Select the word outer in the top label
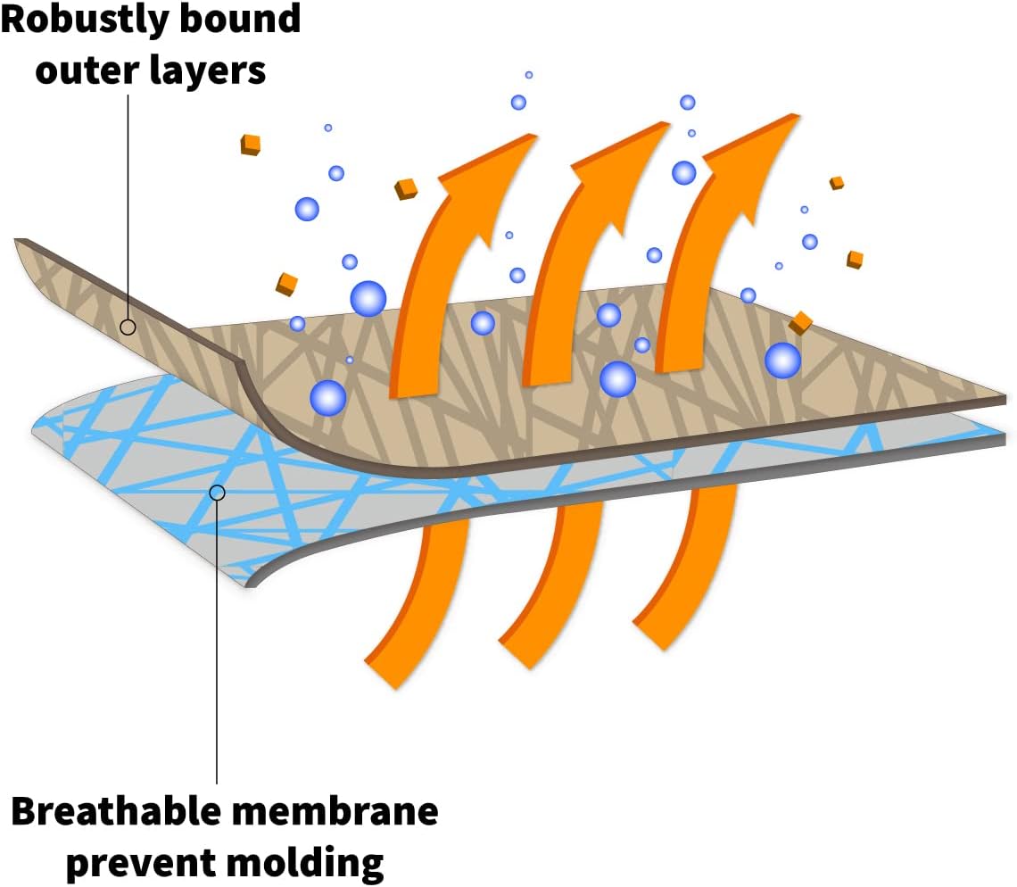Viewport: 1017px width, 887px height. [89, 69]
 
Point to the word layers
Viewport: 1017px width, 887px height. [210, 70]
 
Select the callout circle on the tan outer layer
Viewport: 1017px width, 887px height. [128, 327]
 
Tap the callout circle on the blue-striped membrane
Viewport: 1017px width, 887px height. [217, 492]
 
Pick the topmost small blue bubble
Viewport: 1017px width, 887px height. [529, 75]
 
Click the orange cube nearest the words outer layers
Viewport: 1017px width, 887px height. [251, 144]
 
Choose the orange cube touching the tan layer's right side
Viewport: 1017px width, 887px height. [800, 323]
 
